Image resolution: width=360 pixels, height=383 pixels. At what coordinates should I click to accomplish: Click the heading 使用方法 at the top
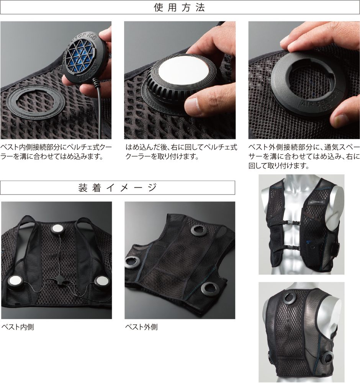click(180, 7)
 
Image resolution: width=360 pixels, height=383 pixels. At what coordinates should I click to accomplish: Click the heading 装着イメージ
click(118, 188)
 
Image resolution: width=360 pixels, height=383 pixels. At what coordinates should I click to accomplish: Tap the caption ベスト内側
click(18, 327)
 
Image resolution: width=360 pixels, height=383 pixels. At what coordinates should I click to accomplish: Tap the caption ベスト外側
click(141, 327)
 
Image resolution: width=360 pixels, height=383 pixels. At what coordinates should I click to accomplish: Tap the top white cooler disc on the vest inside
click(58, 229)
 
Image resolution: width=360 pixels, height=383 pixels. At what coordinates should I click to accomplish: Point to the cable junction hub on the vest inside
click(59, 279)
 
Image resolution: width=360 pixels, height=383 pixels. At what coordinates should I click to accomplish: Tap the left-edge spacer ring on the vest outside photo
click(131, 262)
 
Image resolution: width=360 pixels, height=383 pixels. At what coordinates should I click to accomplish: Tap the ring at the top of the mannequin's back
click(290, 298)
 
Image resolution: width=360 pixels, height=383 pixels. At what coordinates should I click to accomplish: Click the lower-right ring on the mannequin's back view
click(327, 358)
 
